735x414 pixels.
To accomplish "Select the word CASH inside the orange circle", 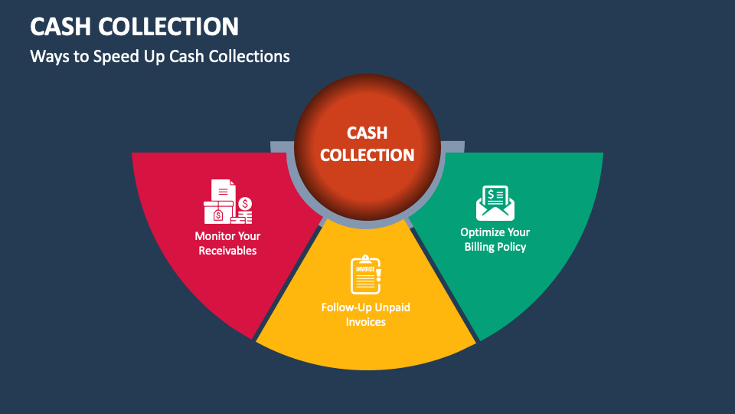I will coord(367,133).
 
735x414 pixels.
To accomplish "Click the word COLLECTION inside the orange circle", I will coord(367,155).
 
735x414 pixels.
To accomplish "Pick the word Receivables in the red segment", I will coord(227,251).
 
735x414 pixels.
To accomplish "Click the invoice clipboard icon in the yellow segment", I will coord(365,274).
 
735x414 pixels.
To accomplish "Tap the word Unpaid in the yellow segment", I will coord(391,307).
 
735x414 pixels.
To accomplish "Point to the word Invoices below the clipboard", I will coord(365,322).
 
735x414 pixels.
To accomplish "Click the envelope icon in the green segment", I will coord(495,202).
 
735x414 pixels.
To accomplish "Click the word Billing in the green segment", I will coord(480,247).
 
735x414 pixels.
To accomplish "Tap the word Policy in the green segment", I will coord(512,247).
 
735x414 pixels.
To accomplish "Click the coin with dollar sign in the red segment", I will coord(245,203).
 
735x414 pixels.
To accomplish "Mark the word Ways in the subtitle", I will coord(46,57).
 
